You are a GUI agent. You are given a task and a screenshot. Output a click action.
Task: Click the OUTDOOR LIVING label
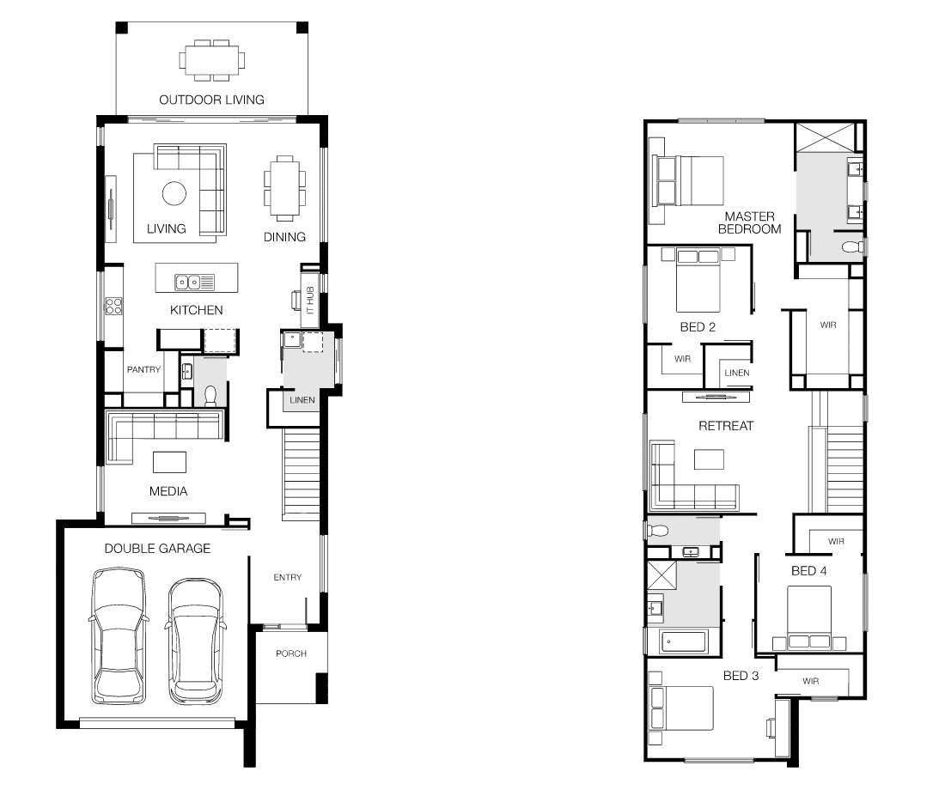[211, 100]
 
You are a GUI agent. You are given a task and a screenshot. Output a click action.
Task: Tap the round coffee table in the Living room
[175, 194]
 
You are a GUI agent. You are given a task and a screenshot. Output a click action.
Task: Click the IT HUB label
[310, 303]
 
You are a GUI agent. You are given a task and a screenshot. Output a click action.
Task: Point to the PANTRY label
[143, 369]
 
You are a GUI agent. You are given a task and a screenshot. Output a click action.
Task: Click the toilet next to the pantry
[210, 394]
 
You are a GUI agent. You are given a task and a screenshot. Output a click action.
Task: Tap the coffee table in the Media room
[169, 462]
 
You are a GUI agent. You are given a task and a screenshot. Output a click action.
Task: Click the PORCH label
[291, 653]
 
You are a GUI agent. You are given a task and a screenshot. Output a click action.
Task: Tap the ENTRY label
[288, 577]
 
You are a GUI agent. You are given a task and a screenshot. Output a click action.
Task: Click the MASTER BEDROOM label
[749, 223]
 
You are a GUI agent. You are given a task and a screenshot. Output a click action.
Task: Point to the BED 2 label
[698, 326]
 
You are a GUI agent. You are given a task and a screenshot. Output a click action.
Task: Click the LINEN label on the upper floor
[736, 373]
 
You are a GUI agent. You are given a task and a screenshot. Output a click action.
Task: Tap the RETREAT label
[725, 425]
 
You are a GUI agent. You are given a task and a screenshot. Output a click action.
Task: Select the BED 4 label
[809, 570]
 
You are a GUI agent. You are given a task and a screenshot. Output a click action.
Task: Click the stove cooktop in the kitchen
[114, 306]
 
